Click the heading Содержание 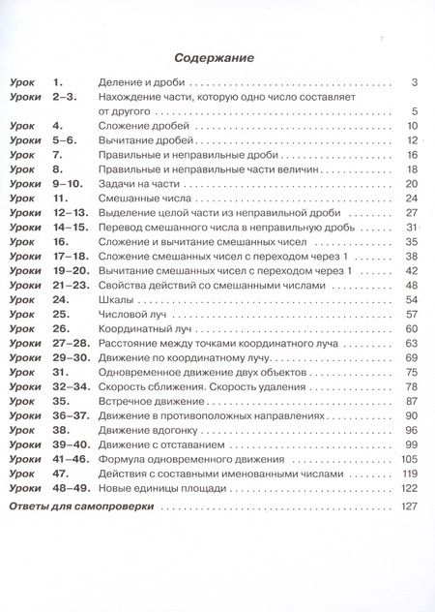(x=217, y=58)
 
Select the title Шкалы (x=116, y=300)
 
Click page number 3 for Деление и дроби (x=413, y=82)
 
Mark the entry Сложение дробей (x=146, y=126)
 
